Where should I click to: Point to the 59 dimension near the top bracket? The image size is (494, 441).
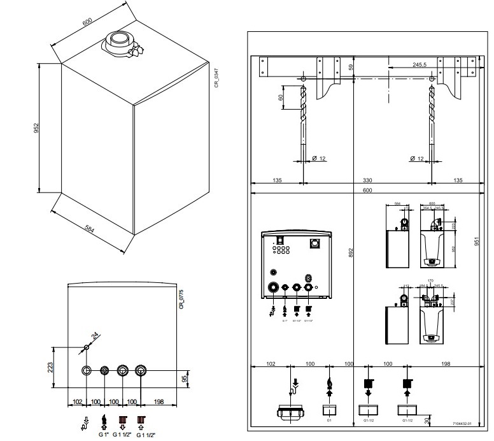point(349,67)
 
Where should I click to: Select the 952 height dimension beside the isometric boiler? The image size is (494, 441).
point(38,128)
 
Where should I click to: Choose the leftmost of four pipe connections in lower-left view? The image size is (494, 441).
point(87,370)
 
